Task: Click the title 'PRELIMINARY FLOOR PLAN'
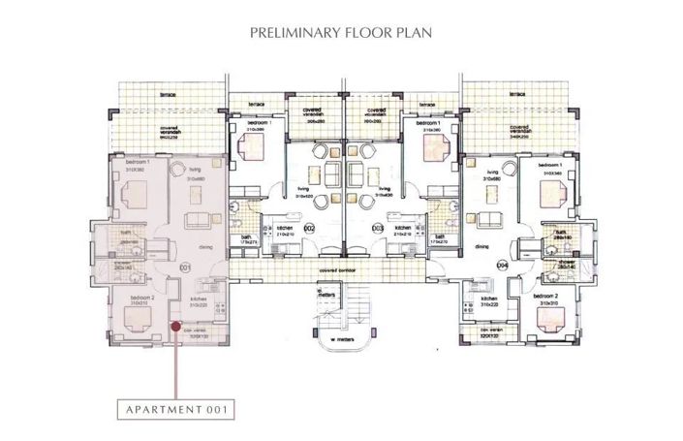341,33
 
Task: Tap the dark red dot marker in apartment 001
174,327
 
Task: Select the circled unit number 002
309,228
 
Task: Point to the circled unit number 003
378,228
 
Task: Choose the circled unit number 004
502,264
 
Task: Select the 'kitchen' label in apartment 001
200,299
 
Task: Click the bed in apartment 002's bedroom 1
255,148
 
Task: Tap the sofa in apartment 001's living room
199,215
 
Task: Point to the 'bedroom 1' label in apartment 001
130,161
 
